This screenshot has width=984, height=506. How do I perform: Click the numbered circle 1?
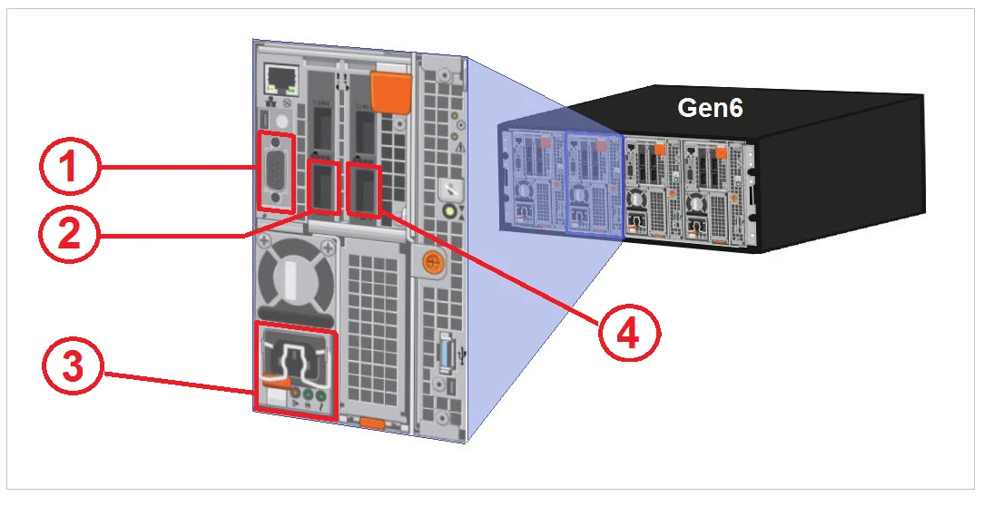[69, 170]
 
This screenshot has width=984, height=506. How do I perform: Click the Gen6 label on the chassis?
[711, 108]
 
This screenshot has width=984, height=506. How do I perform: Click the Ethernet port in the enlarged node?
[278, 80]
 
